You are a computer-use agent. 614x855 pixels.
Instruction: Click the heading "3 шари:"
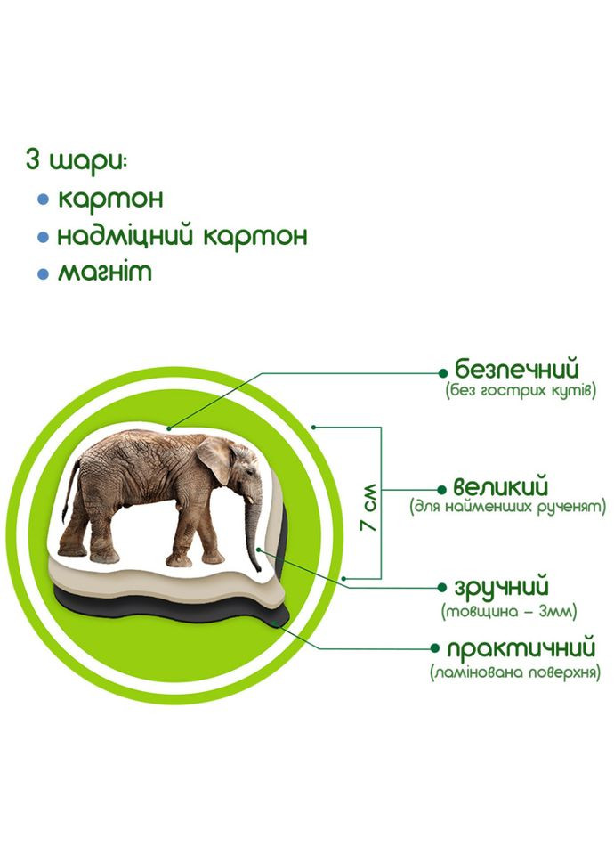coord(77,163)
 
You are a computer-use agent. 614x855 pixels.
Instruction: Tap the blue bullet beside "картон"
coord(43,200)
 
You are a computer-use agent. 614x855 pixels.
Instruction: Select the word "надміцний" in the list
coord(125,237)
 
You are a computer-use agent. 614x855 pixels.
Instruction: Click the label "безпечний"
coord(516,368)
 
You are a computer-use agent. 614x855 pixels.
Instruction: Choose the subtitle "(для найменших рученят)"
coord(507,508)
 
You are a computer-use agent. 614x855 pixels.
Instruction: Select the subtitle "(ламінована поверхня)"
coord(513,672)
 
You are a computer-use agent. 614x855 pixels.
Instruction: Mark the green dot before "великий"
coord(440,489)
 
